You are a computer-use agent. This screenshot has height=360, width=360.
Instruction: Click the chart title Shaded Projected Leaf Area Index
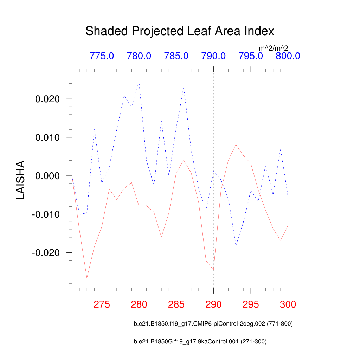[180, 31]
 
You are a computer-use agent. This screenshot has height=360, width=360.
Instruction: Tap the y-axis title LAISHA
[21, 180]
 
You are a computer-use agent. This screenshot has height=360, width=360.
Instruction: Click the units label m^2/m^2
[273, 48]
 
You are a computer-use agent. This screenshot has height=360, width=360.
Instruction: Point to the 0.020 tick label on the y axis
[49, 99]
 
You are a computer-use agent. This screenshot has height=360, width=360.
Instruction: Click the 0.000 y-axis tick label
[49, 176]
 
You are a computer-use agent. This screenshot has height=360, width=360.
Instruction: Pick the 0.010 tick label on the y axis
[49, 137]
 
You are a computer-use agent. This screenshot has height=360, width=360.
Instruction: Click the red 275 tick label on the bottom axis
[102, 304]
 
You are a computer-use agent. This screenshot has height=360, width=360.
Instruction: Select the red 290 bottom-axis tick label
[213, 304]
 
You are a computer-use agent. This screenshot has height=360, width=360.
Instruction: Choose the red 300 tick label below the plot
[288, 304]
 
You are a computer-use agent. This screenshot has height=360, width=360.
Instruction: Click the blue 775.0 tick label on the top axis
[102, 56]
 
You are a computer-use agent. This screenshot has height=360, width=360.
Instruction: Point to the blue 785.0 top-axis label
[176, 56]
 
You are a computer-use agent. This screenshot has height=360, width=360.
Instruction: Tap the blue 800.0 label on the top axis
[288, 56]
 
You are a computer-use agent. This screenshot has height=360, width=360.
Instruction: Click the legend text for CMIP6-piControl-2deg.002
[213, 324]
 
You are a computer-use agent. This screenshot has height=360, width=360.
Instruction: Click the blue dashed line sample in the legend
[95, 324]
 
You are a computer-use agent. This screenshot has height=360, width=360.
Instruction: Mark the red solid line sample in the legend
[95, 341]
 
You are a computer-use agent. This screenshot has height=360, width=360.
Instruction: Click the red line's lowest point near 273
[87, 278]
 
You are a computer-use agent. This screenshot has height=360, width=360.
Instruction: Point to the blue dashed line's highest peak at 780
[139, 82]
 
